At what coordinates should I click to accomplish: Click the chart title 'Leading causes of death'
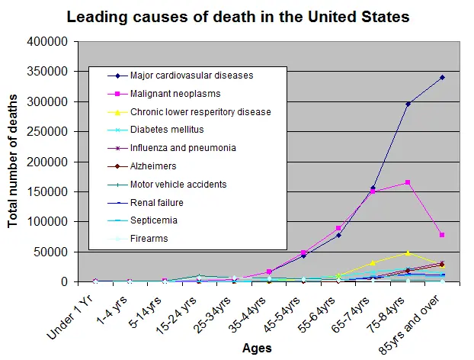tap(237, 16)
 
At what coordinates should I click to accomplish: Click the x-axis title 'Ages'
tap(256, 348)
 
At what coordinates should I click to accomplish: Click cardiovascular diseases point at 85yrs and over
tap(442, 77)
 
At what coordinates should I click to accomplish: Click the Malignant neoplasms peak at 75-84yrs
tap(408, 182)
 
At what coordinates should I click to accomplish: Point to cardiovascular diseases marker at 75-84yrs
tap(408, 104)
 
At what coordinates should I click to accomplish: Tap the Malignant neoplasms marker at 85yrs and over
tap(442, 235)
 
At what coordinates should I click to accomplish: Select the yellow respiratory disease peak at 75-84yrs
tap(408, 252)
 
